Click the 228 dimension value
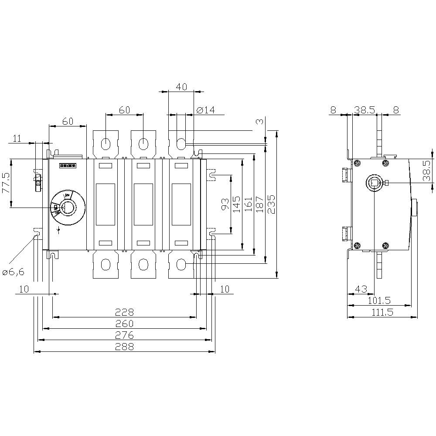[124, 312]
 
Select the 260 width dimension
[124, 324]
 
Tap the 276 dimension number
[124, 335]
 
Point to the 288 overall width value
[124, 347]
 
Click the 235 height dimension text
[271, 204]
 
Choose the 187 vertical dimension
[260, 204]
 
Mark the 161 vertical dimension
[249, 204]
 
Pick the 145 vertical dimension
[237, 204]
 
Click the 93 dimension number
[225, 204]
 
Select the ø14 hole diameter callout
[206, 110]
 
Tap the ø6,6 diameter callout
[13, 272]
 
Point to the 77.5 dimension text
[6, 183]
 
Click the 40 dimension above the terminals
[181, 87]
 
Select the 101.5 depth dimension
[379, 300]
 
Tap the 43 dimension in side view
[361, 289]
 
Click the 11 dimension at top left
[17, 139]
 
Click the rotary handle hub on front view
[68, 208]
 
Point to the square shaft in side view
[375, 183]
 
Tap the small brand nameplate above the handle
[68, 166]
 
